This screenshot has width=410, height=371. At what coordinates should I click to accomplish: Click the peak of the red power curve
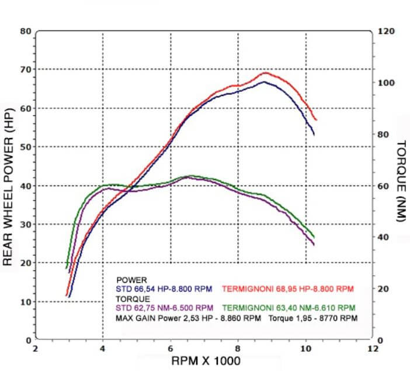[x=266, y=73]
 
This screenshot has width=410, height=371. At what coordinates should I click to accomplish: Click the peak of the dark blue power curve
[x=264, y=82]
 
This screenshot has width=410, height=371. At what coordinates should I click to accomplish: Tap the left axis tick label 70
[x=26, y=70]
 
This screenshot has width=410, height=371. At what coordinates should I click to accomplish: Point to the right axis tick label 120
[x=385, y=31]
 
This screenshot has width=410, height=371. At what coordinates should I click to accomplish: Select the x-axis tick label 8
[x=238, y=349]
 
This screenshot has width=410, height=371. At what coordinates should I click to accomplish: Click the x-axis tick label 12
[x=373, y=349]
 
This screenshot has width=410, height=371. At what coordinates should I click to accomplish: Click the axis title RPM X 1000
[x=205, y=361]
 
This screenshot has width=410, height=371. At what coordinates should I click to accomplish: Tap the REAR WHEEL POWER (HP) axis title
[x=8, y=186]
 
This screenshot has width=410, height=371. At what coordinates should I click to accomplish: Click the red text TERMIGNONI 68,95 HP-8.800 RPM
[x=288, y=289]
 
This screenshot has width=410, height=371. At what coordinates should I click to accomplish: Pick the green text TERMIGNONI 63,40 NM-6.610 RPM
[x=288, y=308]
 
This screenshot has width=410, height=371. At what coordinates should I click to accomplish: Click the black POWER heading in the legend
[x=131, y=280]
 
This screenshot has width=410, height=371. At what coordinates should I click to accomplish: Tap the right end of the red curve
[x=316, y=119]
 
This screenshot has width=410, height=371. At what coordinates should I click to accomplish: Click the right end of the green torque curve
[x=314, y=237]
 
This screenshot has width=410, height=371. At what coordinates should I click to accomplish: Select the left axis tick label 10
[x=26, y=302]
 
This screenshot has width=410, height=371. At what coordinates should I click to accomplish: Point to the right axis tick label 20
[x=384, y=289]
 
